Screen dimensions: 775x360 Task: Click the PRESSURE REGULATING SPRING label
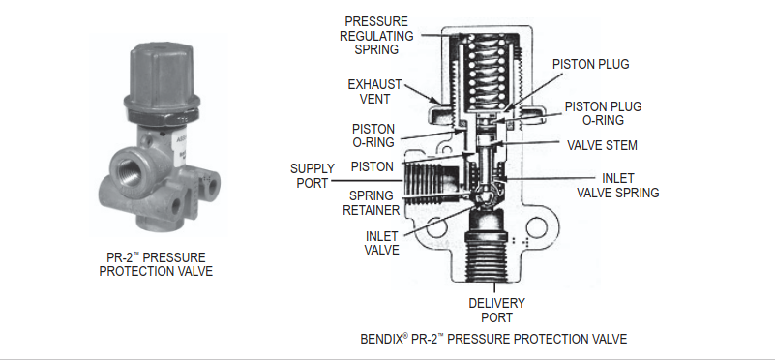[376, 36]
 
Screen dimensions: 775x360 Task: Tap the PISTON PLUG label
[590, 64]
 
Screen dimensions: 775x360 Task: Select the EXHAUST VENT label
[374, 92]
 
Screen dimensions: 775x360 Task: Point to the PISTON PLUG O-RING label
[603, 113]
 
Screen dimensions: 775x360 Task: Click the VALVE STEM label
[602, 145]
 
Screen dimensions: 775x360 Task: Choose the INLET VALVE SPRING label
[618, 186]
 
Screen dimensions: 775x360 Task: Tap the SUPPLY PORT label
[313, 175]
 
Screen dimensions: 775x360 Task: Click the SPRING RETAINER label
[372, 203]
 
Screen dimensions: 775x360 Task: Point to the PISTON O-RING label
[373, 135]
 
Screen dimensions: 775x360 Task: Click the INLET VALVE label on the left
[381, 243]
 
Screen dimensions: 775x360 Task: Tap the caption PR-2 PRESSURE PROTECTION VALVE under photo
[156, 264]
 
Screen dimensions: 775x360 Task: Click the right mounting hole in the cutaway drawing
[537, 227]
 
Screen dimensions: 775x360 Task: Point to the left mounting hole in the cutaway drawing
[436, 227]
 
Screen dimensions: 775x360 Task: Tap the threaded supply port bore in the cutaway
[431, 183]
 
